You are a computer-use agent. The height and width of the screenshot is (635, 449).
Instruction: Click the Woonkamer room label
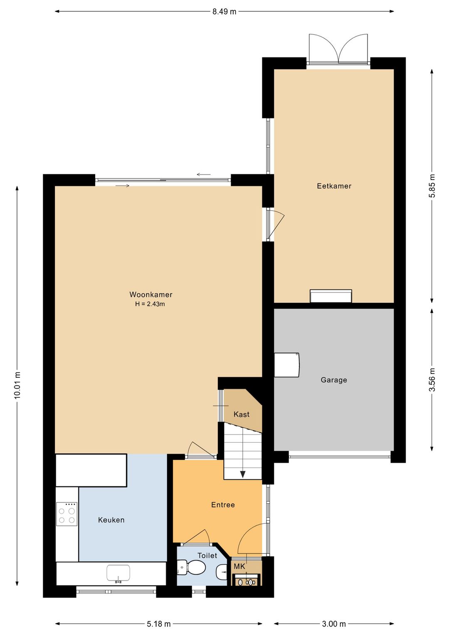[150, 295]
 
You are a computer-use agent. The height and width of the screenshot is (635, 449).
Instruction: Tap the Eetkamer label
[334, 186]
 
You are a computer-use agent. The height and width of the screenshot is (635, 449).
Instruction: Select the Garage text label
[334, 380]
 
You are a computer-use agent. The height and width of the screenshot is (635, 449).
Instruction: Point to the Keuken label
[111, 520]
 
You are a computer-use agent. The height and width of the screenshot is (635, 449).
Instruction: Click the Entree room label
[223, 505]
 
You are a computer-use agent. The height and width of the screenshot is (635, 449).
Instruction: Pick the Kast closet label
[242, 414]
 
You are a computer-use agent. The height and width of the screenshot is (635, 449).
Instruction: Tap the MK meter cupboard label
[239, 567]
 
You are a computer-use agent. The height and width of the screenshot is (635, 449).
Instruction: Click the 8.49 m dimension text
[224, 12]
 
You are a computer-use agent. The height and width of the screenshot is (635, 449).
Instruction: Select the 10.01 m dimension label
[17, 385]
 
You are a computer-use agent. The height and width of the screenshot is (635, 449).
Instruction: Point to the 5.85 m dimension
[432, 186]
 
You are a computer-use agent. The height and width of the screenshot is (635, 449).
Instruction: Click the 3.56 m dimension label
[432, 380]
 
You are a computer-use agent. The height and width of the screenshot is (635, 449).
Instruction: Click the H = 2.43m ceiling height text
[150, 304]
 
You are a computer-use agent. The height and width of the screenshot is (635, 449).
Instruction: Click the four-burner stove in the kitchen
[67, 514]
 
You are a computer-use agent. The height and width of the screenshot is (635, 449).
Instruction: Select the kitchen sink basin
[118, 573]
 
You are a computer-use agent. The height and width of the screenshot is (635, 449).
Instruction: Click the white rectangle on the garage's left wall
[287, 365]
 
